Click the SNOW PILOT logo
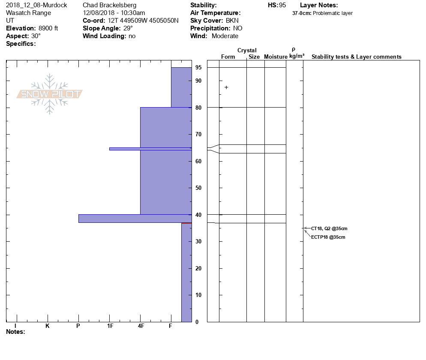click(x=50, y=94)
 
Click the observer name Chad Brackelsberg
click(x=109, y=5)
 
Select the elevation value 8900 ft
click(x=48, y=28)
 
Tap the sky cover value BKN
click(x=232, y=21)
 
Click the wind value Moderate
click(x=225, y=36)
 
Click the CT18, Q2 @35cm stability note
click(x=329, y=228)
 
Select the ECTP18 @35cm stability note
click(x=328, y=237)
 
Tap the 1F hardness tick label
click(x=110, y=326)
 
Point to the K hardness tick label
click(x=48, y=326)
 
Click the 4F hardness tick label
click(x=141, y=326)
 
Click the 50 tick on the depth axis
click(x=198, y=188)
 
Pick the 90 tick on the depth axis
click(x=198, y=81)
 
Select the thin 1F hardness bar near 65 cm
click(x=150, y=149)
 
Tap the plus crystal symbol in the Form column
click(x=226, y=87)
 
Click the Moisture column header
click(x=276, y=57)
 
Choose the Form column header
click(x=228, y=57)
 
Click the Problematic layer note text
click(x=333, y=13)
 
